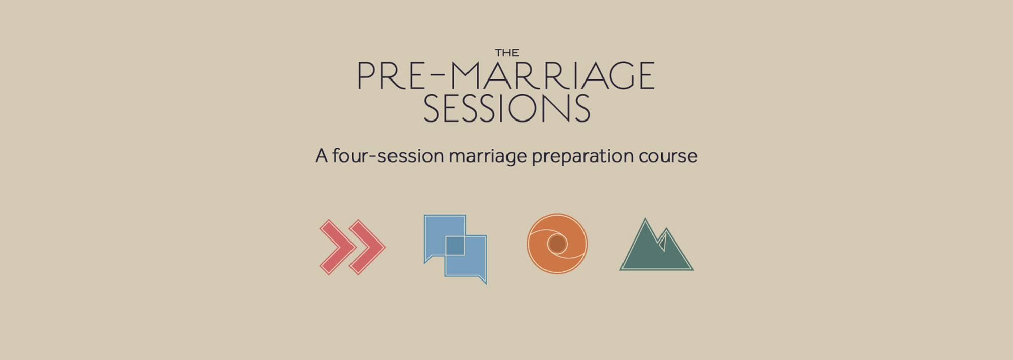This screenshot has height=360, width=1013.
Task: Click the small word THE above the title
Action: coord(507,53)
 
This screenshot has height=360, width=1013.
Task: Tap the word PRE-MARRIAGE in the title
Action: coord(506,76)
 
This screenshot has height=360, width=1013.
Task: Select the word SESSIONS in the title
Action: coord(506,108)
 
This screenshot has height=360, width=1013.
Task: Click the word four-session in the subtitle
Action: coord(388,155)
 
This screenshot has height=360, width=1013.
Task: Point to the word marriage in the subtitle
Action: coord(488,157)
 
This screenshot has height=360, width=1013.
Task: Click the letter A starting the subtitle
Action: coord(322,155)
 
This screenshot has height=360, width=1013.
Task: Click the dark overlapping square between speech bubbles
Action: coord(455,246)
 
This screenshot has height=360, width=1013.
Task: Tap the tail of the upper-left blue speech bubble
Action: coord(428,259)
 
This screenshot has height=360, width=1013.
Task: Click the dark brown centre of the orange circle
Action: coord(557,244)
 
